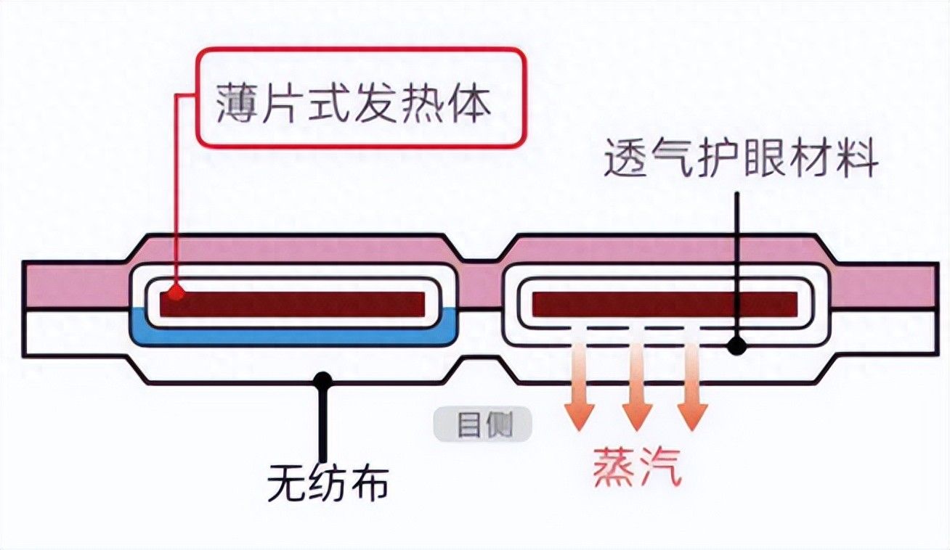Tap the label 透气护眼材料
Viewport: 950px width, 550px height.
tap(741, 160)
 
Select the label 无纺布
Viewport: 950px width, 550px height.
tap(328, 482)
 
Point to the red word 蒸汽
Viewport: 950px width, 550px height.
tap(638, 467)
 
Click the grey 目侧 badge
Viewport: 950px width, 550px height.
tap(482, 425)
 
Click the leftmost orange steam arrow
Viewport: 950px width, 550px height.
tap(580, 385)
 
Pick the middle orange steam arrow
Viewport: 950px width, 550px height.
tap(637, 385)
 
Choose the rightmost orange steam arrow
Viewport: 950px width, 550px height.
tap(692, 385)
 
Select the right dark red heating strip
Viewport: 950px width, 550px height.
tap(665, 303)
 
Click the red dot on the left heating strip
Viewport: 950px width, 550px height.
tap(174, 294)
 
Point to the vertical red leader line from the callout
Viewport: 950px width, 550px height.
tap(176, 196)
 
